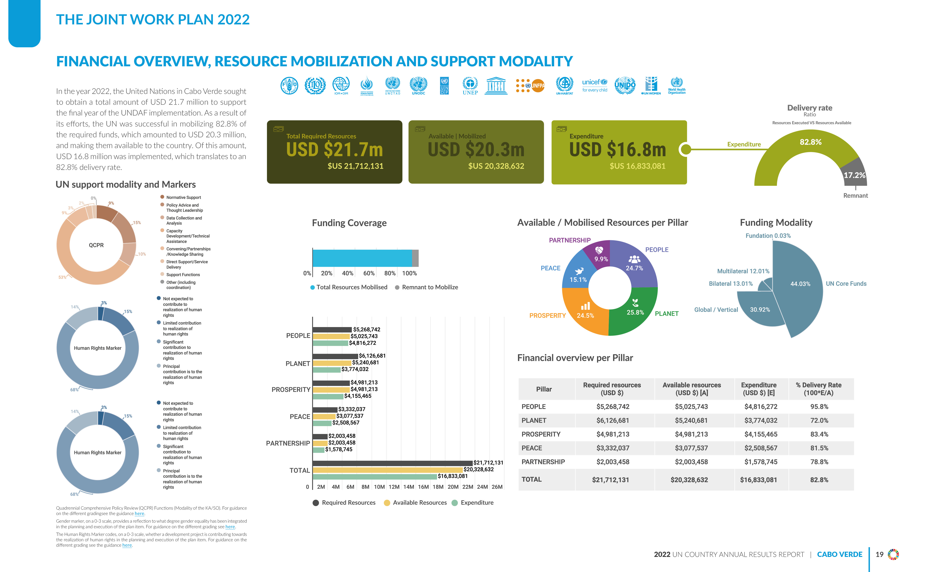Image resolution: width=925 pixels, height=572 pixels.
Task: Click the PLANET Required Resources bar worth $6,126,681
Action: click(335, 356)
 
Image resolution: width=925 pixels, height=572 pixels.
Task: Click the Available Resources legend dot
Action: click(387, 503)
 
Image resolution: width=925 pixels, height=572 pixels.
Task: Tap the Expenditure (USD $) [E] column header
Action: click(759, 389)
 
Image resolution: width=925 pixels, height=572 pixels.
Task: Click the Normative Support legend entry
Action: click(183, 197)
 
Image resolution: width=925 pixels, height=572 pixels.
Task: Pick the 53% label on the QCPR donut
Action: click(62, 277)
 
